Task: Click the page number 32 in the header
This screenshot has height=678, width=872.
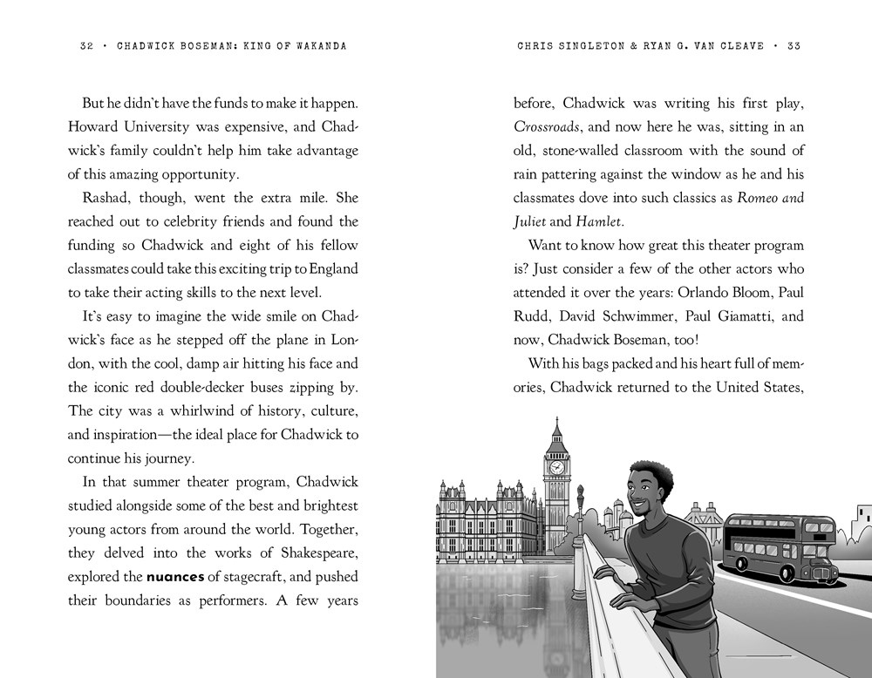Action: click(x=85, y=46)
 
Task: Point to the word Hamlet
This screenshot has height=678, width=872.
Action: click(x=598, y=221)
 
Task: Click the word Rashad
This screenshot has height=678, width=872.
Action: click(x=104, y=198)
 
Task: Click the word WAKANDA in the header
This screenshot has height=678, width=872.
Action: click(x=319, y=46)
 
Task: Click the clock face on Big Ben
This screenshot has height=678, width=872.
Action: click(x=556, y=467)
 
